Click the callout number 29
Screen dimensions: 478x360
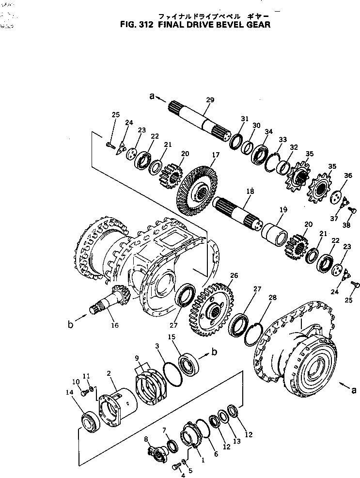(x=210, y=100)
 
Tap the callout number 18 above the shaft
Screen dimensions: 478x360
(x=250, y=192)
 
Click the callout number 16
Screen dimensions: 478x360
(x=114, y=325)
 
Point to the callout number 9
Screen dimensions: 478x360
(x=138, y=358)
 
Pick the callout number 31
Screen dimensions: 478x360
(x=244, y=119)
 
